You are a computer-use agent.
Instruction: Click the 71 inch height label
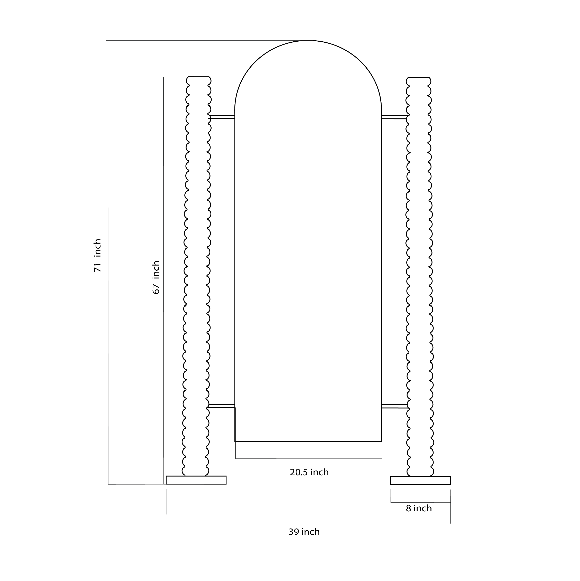(x=98, y=256)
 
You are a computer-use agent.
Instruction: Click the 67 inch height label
(x=156, y=277)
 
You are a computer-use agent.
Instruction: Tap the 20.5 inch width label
(x=309, y=472)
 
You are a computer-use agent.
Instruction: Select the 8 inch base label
(x=419, y=508)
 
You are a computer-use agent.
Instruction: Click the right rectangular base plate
(x=420, y=480)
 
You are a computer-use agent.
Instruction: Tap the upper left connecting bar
(x=222, y=117)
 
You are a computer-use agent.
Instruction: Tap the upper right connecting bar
(x=394, y=117)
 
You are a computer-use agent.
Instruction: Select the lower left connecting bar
(x=222, y=406)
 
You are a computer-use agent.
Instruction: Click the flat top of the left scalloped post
(x=198, y=77)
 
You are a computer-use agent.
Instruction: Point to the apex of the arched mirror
(x=308, y=40)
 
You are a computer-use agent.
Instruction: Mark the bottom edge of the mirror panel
(x=308, y=441)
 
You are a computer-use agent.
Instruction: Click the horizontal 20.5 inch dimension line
(x=309, y=459)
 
